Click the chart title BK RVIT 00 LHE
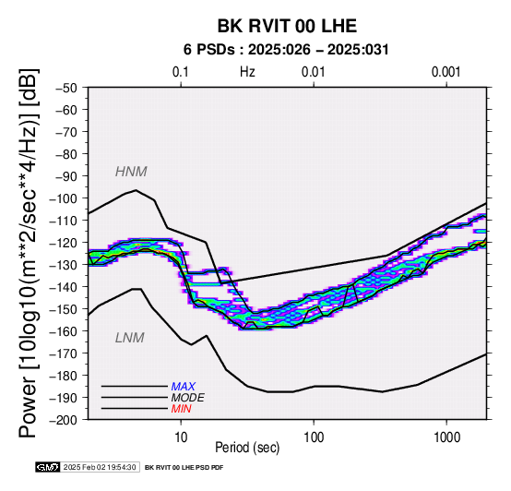coord(287,26)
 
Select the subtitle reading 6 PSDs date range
coord(286,50)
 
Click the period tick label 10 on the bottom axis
coord(181,437)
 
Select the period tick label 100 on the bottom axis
coord(314,437)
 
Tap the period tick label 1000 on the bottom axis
coord(446,437)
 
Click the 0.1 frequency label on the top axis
coord(181,72)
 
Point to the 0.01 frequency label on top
coord(314,72)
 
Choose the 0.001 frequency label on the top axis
coord(446,72)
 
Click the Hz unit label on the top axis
coord(247,72)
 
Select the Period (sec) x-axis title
coord(247,448)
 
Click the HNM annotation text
coord(131,172)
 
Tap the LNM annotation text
coord(130,338)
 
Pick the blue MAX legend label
coord(184,387)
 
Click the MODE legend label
coord(188,398)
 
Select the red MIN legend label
coord(181,409)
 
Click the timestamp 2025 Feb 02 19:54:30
coord(100,467)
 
